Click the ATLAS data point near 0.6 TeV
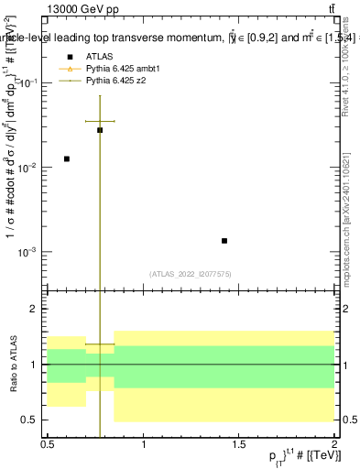pos(66,159)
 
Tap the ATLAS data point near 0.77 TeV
pos(100,130)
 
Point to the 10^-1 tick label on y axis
pos(28,83)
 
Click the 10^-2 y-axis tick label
pos(28,168)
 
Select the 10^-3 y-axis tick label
pos(28,252)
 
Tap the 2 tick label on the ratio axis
pos(37,310)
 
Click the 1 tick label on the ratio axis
pos(37,365)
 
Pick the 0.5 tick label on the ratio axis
pos(32,420)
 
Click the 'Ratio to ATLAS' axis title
pos(13,365)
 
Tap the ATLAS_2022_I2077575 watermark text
pos(191,273)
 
